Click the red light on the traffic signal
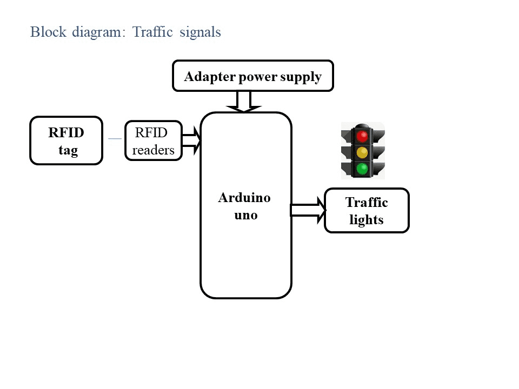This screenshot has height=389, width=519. point(362,135)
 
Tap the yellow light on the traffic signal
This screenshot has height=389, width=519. point(362,152)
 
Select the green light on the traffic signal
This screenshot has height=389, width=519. point(362,169)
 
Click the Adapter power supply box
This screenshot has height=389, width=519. point(253,76)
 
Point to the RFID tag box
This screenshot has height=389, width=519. point(66,140)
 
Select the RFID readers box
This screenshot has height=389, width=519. point(154,140)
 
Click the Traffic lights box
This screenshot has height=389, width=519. point(367,211)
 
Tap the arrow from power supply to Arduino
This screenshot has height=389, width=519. point(244,102)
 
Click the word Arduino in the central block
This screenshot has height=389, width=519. point(244,198)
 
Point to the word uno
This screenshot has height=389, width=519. point(246,215)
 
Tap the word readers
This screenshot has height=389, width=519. point(153,150)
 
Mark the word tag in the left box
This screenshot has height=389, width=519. point(68,150)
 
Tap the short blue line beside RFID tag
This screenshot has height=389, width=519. point(115,139)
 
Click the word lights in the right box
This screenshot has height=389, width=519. point(367,220)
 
